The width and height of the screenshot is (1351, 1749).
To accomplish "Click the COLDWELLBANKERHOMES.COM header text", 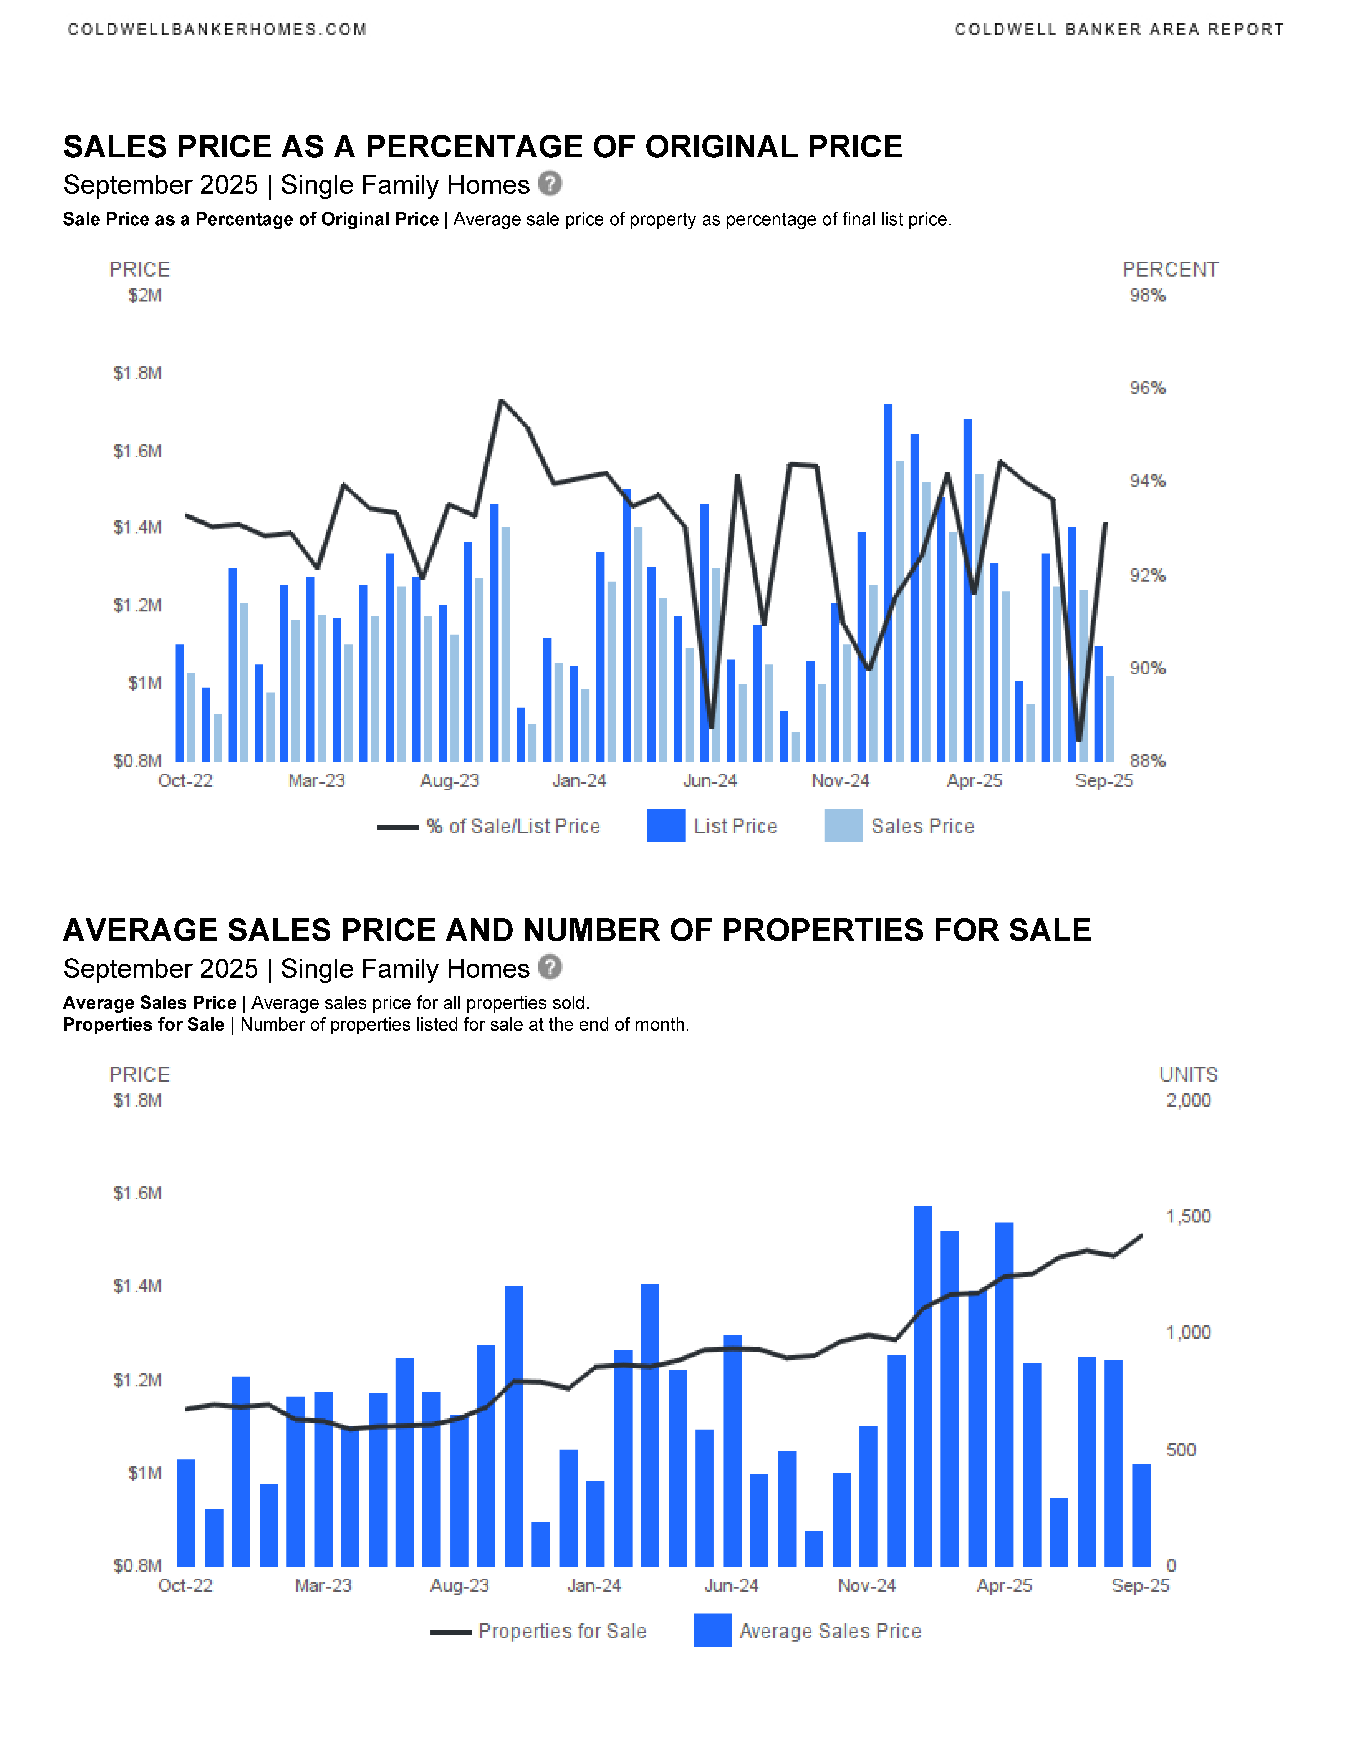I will coord(217,30).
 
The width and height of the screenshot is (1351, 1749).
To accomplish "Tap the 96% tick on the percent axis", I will coord(1147,388).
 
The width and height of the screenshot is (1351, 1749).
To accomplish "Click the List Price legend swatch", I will coord(666,826).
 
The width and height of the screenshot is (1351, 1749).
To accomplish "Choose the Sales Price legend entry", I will coord(922,827).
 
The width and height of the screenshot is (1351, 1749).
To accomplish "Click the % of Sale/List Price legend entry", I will coord(512,827).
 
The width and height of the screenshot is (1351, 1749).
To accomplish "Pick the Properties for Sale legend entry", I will coord(562,1631).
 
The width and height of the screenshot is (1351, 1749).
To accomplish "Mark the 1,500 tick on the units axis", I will coord(1188,1216).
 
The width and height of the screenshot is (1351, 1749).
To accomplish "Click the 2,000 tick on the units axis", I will coord(1188,1100).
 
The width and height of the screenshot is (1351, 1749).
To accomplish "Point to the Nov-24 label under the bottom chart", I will coord(867,1586).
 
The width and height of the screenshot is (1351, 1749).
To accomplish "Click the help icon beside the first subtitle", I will coord(550,183).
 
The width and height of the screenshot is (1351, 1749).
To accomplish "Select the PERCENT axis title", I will coord(1170,270).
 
